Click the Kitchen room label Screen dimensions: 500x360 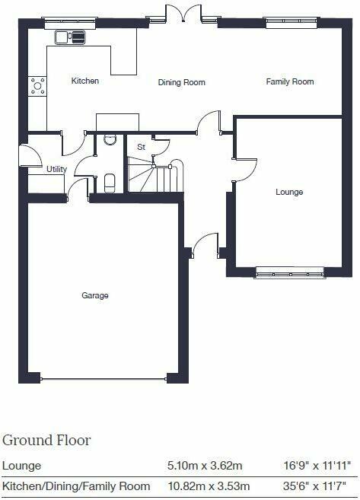coord(85,81)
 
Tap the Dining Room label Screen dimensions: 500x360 coord(182,82)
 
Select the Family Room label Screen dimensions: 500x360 coord(289,81)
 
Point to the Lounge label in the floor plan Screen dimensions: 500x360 coord(289,192)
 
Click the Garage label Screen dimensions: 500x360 coord(96,295)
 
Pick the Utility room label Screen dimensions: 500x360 coord(56,169)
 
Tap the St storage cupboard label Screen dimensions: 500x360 coord(141,146)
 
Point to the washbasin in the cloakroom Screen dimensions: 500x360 coord(109,139)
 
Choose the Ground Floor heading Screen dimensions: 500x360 coord(46,440)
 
